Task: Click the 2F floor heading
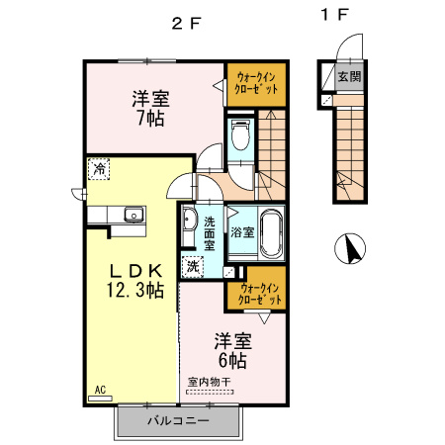[187, 23]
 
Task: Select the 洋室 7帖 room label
[151, 107]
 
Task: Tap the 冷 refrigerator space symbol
[99, 170]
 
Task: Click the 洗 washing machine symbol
[194, 264]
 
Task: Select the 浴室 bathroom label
[243, 233]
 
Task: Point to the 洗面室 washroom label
[210, 233]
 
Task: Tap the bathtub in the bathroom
[272, 233]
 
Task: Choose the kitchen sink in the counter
[133, 216]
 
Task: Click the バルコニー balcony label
[178, 420]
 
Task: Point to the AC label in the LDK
[100, 391]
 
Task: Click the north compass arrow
[349, 248]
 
